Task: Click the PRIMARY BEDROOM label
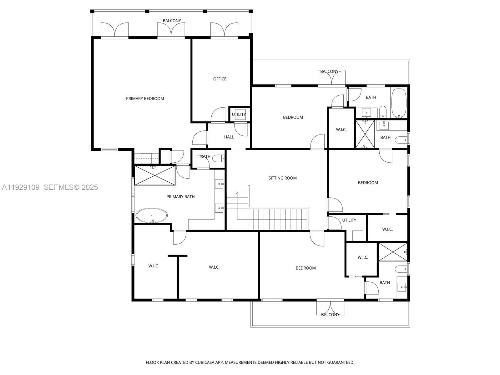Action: pos(145,99)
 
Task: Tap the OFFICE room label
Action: pos(220,79)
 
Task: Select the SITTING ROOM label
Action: pos(282,178)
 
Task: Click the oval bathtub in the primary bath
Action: pos(151,215)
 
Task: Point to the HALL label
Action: pos(229,137)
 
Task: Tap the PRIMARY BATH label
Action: pos(180,197)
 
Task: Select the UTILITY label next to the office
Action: pos(239,114)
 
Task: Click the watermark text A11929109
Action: pos(21,187)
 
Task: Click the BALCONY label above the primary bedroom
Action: pos(172,21)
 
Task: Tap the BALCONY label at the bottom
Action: pos(330,315)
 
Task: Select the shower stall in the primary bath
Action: pos(154,175)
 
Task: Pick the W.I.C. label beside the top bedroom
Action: pos(341,129)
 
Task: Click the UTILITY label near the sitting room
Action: pos(349,220)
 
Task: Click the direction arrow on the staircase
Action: pos(237,193)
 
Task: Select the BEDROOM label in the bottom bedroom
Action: pos(306,268)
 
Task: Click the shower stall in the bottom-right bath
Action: pos(392,252)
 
